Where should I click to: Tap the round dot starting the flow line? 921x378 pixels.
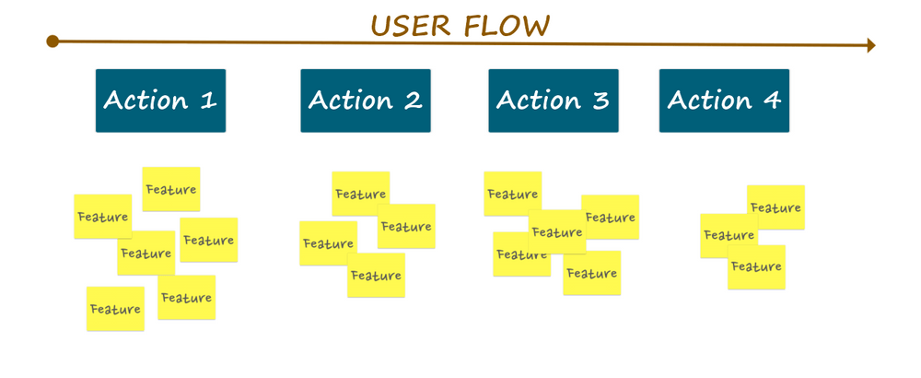pos(52,41)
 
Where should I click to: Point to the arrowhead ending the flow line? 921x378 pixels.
pos(870,45)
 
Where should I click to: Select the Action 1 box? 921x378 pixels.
pos(160,100)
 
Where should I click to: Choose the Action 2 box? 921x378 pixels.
pos(365,100)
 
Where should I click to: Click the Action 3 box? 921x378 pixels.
pos(553,100)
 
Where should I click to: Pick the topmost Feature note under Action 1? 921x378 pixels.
pos(171,190)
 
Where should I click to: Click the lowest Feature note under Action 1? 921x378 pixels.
pos(115,309)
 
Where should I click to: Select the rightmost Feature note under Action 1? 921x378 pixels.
pos(208,241)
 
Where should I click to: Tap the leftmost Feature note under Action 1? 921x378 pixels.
pos(102,217)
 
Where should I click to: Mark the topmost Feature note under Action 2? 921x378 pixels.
pos(360,194)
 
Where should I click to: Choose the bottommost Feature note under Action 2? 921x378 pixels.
pos(376,275)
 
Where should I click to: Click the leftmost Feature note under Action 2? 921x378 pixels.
pos(328,243)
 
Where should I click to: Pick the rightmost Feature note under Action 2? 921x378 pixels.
pos(406,226)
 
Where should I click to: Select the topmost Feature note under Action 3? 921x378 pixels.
pos(512,194)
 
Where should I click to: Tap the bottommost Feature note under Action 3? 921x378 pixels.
pos(591,273)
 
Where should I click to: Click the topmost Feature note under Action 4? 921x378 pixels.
pos(775,207)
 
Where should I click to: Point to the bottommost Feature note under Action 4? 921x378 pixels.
pos(756,267)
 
